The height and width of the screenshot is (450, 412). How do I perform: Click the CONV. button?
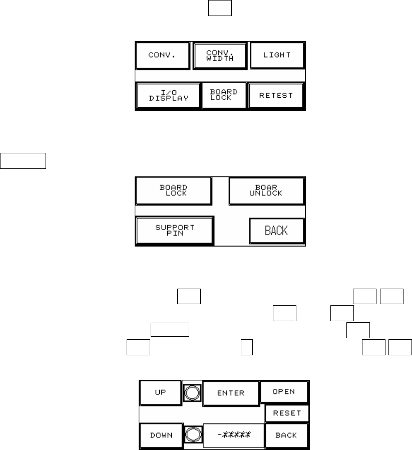(x=162, y=55)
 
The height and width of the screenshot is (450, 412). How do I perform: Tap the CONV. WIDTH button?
(x=220, y=55)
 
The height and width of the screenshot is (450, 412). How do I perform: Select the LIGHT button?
(x=277, y=55)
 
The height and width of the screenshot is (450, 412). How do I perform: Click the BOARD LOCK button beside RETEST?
(x=224, y=95)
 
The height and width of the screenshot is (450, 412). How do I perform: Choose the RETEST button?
(x=276, y=95)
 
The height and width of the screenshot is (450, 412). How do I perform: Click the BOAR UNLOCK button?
(x=266, y=190)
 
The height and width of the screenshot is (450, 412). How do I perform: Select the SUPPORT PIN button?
(x=174, y=231)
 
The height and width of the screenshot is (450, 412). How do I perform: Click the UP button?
(x=160, y=392)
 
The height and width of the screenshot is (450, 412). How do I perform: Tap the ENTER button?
(x=231, y=393)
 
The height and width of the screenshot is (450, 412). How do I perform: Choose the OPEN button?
(x=283, y=392)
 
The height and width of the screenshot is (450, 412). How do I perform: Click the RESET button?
(x=287, y=413)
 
